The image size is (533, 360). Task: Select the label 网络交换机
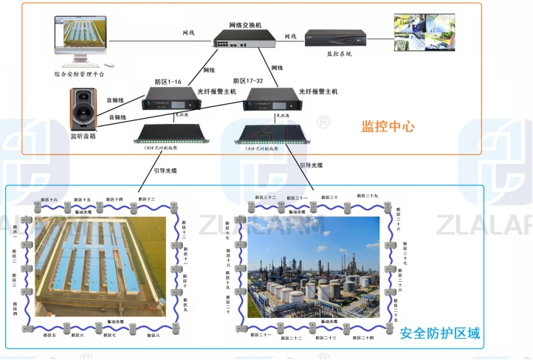pyautogui.click(x=244, y=24)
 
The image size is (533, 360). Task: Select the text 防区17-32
pyautogui.click(x=248, y=81)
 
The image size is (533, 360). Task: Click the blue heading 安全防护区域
pyautogui.click(x=440, y=334)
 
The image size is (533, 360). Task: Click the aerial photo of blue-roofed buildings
pyautogui.click(x=100, y=262)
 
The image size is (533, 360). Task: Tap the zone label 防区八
pyautogui.click(x=153, y=336)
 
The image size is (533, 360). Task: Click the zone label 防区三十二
pyautogui.click(x=265, y=198)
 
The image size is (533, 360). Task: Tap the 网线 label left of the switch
pyautogui.click(x=189, y=33)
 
